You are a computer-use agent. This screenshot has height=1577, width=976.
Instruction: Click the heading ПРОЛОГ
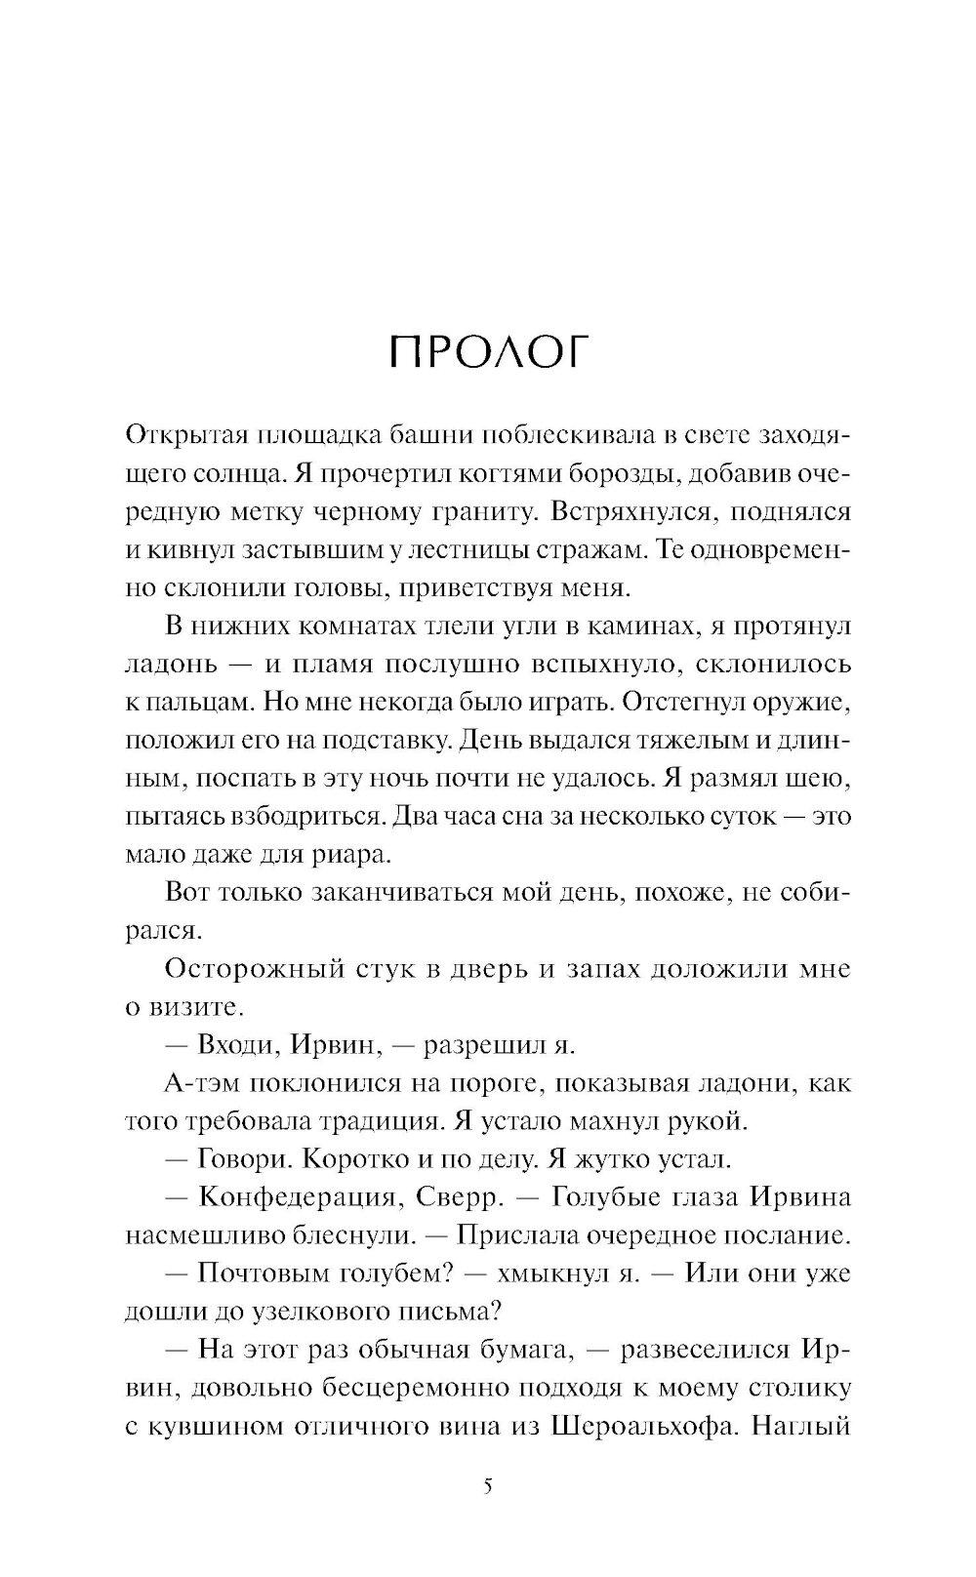pos(489,353)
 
